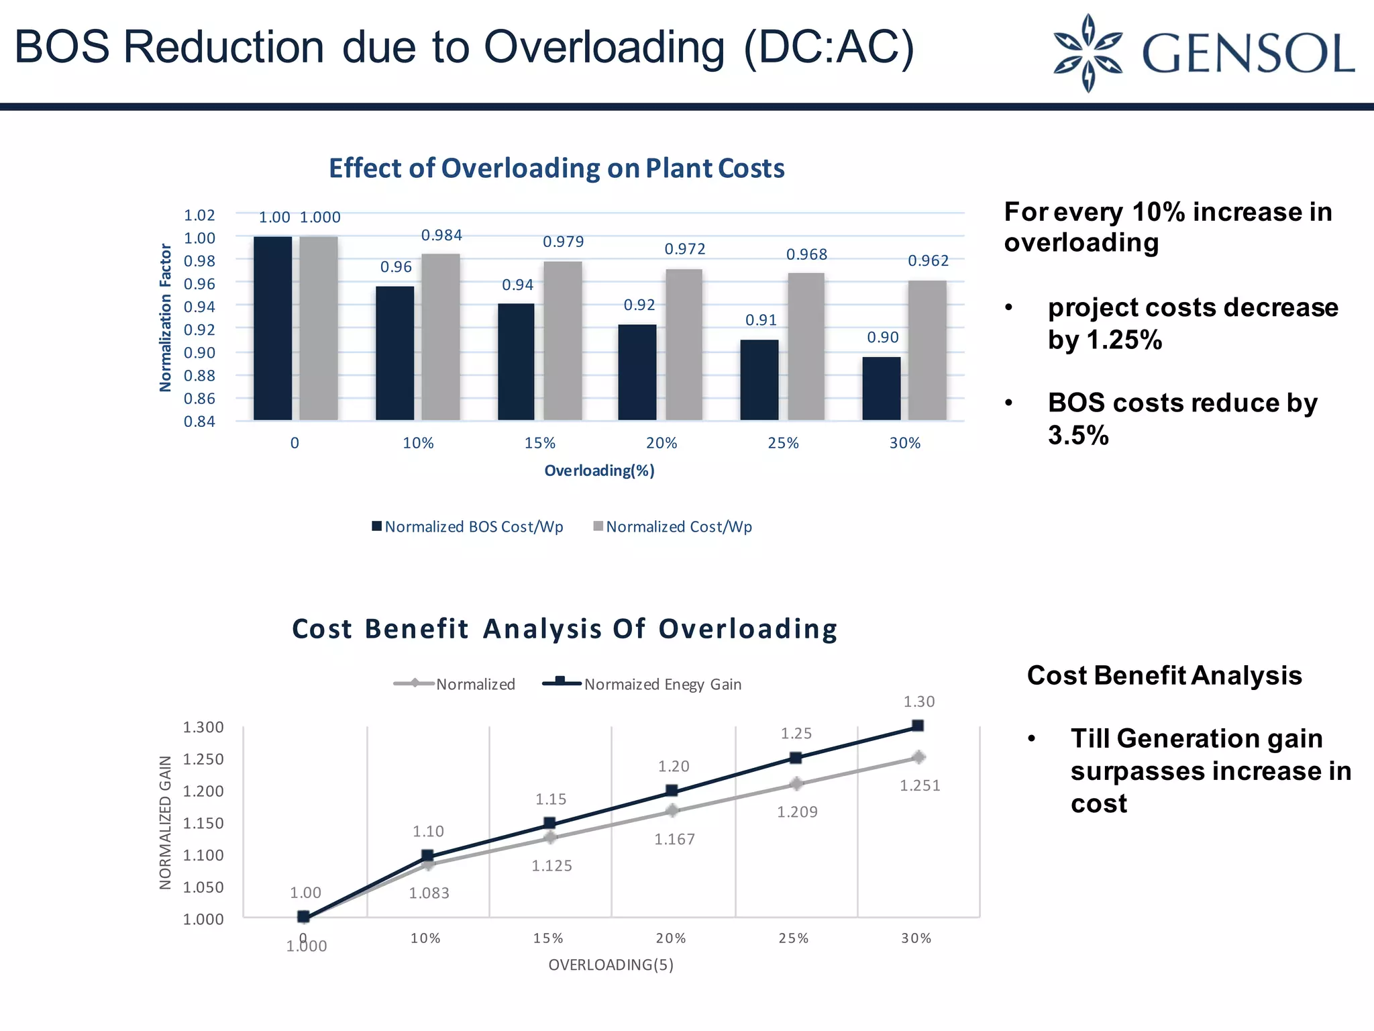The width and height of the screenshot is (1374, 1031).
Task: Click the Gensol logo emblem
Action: tap(1088, 53)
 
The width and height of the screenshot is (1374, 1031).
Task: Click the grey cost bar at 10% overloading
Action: tap(441, 336)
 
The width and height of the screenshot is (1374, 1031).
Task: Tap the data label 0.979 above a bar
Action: tap(563, 242)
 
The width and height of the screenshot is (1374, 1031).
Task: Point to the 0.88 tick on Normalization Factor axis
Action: tap(199, 376)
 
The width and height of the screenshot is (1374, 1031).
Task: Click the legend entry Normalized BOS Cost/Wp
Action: tap(468, 527)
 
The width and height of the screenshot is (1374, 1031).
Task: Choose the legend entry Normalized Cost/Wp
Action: tap(673, 527)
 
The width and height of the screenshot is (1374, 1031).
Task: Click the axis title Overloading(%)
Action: tap(599, 471)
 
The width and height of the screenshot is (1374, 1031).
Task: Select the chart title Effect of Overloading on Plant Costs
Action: tap(556, 168)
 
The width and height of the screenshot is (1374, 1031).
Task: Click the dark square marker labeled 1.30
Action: tap(918, 726)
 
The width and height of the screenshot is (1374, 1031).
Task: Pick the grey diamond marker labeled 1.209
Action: tap(796, 784)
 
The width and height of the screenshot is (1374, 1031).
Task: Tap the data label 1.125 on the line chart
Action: tap(551, 866)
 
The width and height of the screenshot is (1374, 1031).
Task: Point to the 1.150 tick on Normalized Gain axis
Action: tap(203, 823)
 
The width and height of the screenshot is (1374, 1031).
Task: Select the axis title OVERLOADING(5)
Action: tap(611, 965)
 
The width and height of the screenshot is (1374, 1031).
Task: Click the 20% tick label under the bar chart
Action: tap(662, 443)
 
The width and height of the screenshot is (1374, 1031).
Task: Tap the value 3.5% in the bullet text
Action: tap(1078, 436)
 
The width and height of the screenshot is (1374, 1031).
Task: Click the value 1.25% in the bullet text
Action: tap(1124, 340)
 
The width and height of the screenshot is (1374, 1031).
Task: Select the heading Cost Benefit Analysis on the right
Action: tap(1164, 675)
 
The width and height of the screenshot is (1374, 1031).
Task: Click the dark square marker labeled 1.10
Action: tap(427, 856)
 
